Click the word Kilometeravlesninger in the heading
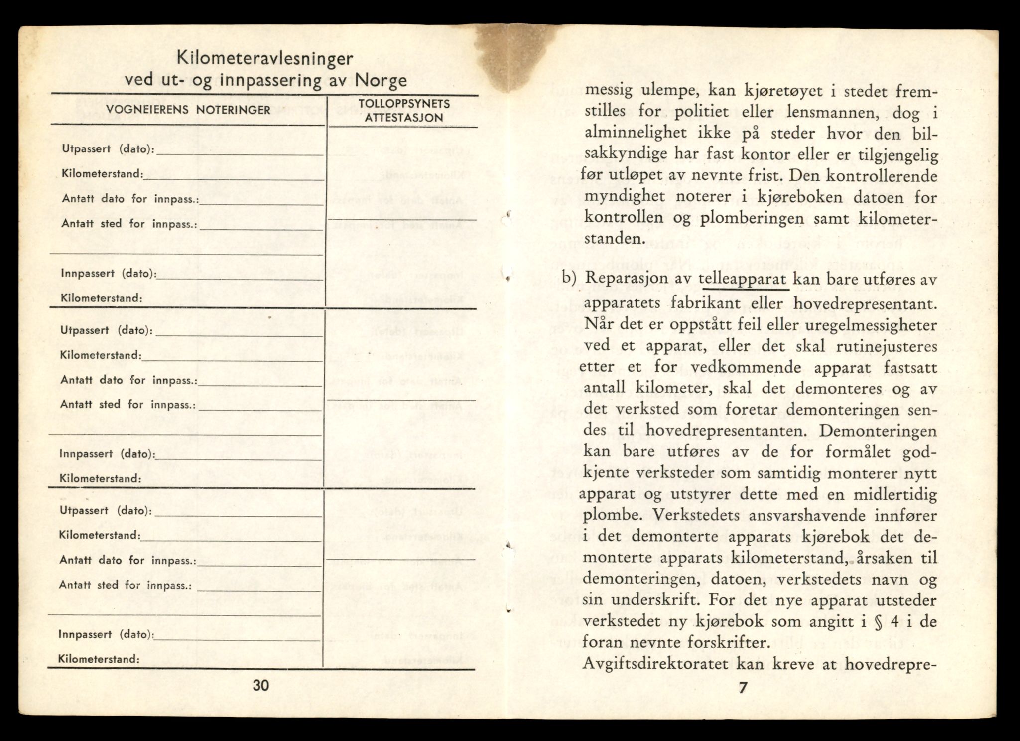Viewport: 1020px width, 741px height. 265,59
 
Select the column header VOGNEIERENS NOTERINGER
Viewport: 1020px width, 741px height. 188,110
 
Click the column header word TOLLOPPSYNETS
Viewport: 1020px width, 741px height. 404,104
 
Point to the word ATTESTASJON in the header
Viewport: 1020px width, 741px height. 404,118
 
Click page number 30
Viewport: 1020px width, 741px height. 260,685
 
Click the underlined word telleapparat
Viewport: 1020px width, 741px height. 744,280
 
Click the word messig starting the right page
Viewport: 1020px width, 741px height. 608,92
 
